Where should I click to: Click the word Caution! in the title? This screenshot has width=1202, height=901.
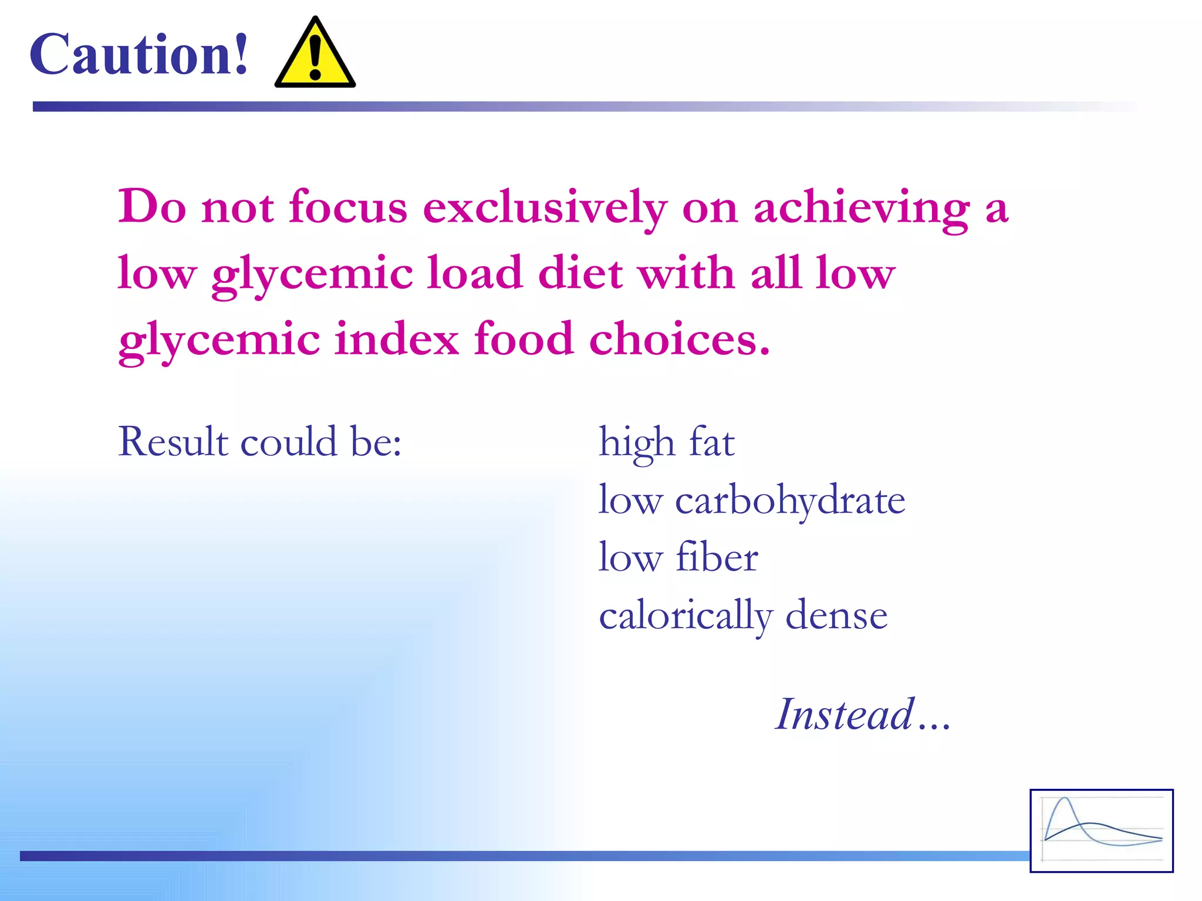coord(139,55)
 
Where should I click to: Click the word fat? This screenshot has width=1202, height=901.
coord(711,441)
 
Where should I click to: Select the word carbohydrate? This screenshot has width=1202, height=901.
coord(790,500)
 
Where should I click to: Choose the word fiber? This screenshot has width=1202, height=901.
coord(717,557)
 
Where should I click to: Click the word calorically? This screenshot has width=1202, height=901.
coord(685,616)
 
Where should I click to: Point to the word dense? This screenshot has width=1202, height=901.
coord(836,616)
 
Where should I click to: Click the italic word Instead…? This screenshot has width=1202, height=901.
coord(862,714)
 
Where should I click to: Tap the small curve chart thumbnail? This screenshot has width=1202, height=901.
coord(1102,831)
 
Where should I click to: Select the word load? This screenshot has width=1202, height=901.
coord(474,273)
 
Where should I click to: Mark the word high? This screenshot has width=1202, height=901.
coord(636,441)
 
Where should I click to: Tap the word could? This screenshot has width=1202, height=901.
coord(289,441)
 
